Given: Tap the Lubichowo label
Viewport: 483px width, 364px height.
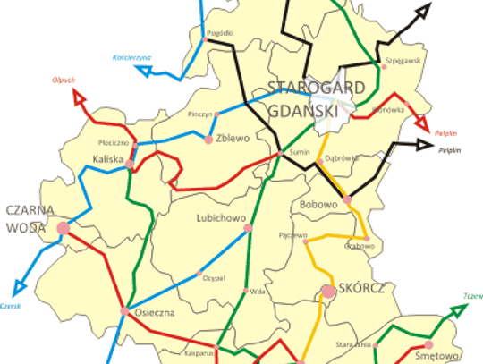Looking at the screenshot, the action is [219, 217].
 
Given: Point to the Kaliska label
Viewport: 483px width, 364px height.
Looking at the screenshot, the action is [107, 159].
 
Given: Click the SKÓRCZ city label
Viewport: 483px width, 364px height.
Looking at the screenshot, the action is [361, 289].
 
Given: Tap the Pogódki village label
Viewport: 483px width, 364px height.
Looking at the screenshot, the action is [219, 33].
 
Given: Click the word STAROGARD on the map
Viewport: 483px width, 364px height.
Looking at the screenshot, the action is [305, 88].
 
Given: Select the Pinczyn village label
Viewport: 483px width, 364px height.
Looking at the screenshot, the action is [200, 114].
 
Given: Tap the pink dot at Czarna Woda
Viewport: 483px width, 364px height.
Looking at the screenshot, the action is [63, 229].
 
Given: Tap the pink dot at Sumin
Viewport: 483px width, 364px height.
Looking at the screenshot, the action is [281, 154].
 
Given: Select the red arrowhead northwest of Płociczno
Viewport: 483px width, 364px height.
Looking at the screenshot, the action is [78, 96].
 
